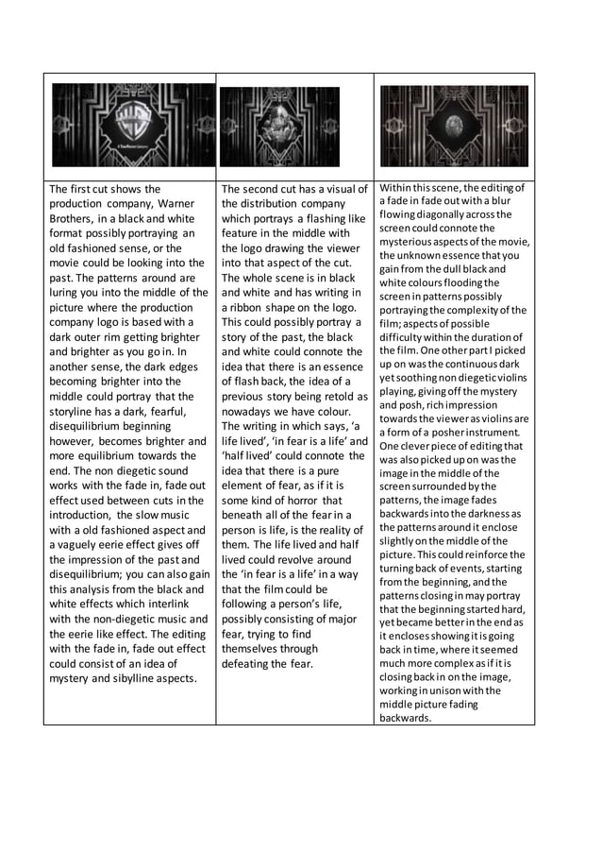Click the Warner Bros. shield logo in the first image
click(133, 124)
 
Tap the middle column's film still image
click(279, 127)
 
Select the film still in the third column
click(454, 126)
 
